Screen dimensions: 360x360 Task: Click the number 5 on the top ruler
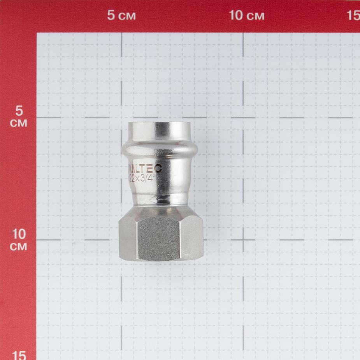111,16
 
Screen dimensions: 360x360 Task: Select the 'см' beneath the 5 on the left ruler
19,123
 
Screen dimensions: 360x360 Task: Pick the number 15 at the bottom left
19,355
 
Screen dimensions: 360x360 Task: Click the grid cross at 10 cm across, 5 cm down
243,118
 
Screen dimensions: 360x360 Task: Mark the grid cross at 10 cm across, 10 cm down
243,239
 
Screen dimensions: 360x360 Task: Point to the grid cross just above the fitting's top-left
121,118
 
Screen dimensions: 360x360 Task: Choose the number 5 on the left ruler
19,111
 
